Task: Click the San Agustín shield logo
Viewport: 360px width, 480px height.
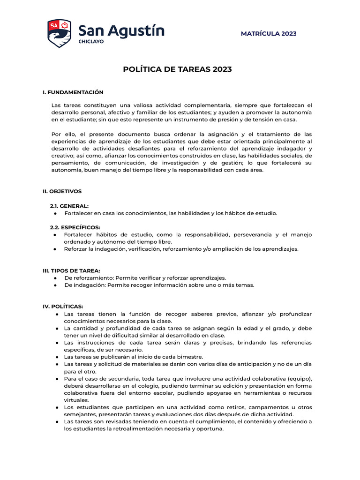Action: (x=59, y=33)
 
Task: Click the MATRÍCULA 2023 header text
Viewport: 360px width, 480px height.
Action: (x=268, y=34)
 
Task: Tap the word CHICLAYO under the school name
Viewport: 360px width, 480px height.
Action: (x=91, y=42)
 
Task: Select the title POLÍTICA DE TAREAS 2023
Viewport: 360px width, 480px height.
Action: (x=177, y=69)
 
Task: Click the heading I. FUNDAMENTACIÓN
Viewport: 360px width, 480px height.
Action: (x=73, y=92)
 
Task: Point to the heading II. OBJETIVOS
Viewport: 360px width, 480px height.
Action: (x=62, y=191)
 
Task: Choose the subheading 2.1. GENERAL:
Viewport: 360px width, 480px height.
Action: (x=69, y=206)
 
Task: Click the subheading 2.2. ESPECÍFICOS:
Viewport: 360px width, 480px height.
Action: (x=75, y=227)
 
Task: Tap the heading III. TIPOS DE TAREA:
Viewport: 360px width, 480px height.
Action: (x=71, y=270)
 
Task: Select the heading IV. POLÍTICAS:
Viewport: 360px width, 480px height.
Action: (x=63, y=306)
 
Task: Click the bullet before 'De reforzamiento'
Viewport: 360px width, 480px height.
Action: (x=55, y=278)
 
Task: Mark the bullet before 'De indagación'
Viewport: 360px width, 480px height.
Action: (x=55, y=285)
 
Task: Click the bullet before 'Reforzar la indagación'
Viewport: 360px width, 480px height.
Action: (x=55, y=249)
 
